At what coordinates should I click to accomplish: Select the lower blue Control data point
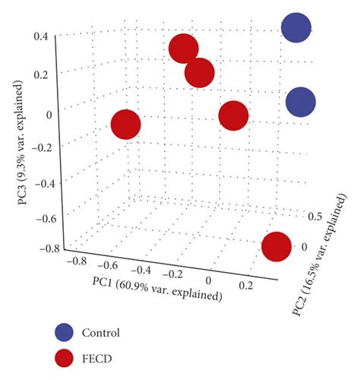pyautogui.click(x=301, y=102)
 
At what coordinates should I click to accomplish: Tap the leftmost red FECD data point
pyautogui.click(x=126, y=125)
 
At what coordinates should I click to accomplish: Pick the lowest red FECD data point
pyautogui.click(x=277, y=247)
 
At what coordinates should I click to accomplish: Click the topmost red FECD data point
pyautogui.click(x=184, y=49)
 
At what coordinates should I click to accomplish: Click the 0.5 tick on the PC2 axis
pyautogui.click(x=314, y=217)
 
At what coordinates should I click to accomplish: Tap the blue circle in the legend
pyautogui.click(x=65, y=332)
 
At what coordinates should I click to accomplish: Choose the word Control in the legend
pyautogui.click(x=105, y=332)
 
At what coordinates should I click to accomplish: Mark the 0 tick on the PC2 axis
pyautogui.click(x=305, y=247)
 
